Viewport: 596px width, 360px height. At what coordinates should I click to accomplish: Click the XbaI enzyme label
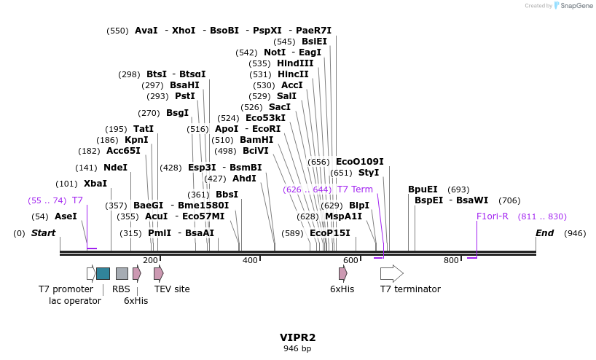95,184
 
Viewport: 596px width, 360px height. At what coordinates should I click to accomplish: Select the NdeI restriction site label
115,167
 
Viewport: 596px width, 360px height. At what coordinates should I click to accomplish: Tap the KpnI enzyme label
136,140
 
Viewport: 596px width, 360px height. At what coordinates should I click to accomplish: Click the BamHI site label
256,140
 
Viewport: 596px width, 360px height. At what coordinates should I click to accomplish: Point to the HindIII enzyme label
295,63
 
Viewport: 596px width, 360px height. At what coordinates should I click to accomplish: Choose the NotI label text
275,52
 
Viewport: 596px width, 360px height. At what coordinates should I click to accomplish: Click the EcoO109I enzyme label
359,162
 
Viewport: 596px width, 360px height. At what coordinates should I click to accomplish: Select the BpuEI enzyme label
423,189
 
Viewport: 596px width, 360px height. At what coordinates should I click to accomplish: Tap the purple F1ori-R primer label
493,216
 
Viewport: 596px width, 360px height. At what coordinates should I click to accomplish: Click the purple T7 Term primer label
355,189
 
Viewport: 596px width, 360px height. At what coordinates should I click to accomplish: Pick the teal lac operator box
103,273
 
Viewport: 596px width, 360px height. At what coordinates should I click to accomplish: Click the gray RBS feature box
122,273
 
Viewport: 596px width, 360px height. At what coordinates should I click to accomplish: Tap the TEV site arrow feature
159,273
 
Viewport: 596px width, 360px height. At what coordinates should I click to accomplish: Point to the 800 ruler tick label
451,260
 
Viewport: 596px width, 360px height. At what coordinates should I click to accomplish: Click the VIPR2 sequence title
297,337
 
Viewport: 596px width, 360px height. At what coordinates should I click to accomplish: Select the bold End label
544,233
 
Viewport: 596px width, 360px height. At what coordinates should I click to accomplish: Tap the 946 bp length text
297,348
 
